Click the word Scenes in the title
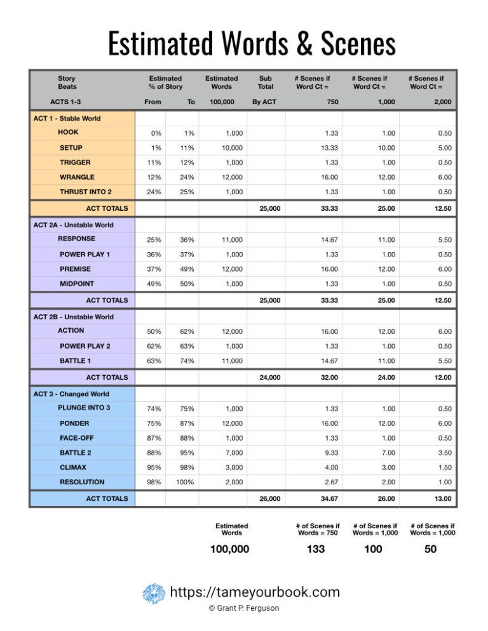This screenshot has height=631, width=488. tap(346, 43)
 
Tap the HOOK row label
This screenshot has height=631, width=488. tap(68, 133)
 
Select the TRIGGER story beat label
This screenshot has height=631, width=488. tap(75, 163)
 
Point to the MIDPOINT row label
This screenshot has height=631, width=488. tap(76, 284)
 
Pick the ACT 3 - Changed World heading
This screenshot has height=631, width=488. tap(71, 394)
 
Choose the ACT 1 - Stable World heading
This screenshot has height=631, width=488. tap(67, 118)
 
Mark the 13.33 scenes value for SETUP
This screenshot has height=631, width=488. tap(328, 148)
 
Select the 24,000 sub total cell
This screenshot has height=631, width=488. tap(269, 378)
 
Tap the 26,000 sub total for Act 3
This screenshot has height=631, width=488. tap(269, 499)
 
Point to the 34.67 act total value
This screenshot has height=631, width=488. tap(328, 499)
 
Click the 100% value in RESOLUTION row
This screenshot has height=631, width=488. tap(185, 482)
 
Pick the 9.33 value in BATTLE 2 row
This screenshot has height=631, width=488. tap(329, 453)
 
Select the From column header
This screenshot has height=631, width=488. tap(153, 102)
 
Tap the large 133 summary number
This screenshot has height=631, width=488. tap(316, 549)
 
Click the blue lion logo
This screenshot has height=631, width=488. tap(154, 594)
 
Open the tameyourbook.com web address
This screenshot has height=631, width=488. tap(255, 593)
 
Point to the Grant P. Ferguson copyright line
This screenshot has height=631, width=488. tap(244, 608)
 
